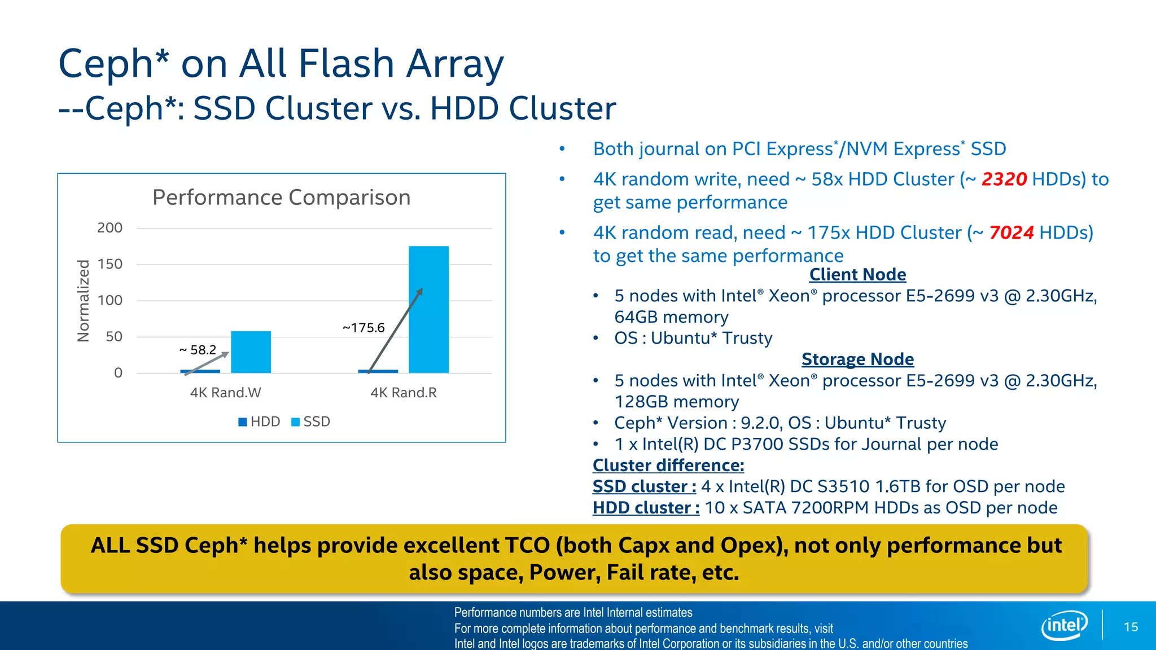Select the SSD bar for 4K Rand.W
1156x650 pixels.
click(x=251, y=352)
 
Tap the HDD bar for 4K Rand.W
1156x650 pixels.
click(x=200, y=371)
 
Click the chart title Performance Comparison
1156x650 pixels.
click(x=281, y=197)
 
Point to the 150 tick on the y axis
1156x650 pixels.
click(x=110, y=264)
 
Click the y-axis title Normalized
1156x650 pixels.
click(x=84, y=301)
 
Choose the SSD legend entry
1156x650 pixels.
click(x=311, y=421)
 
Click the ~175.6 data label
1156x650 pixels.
click(x=364, y=328)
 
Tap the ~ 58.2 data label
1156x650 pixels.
click(x=198, y=350)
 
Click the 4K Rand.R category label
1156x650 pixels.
click(x=404, y=393)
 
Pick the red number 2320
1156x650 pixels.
click(x=1004, y=179)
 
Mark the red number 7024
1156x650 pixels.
click(x=1011, y=232)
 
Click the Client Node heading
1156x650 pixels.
click(x=857, y=274)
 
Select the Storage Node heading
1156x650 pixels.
click(x=857, y=359)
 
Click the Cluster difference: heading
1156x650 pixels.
click(x=668, y=465)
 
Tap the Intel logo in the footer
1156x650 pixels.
click(x=1064, y=625)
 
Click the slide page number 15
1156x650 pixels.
click(x=1131, y=627)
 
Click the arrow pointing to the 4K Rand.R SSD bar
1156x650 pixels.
click(x=395, y=331)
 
